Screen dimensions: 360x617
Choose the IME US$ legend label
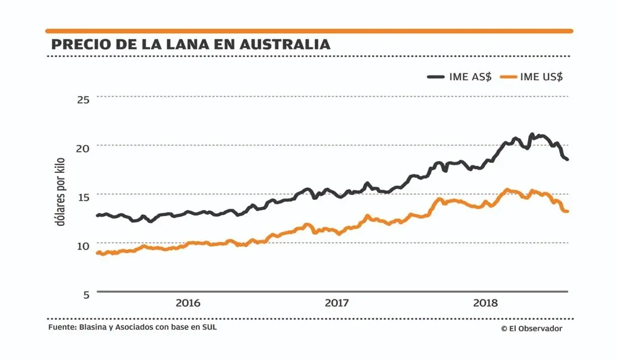pyautogui.click(x=542, y=77)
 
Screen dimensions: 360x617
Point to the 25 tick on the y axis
pyautogui.click(x=83, y=99)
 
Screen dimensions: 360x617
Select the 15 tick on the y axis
pyautogui.click(x=83, y=196)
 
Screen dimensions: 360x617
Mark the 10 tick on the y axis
pyautogui.click(x=83, y=245)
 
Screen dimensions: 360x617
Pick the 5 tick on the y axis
pyautogui.click(x=86, y=293)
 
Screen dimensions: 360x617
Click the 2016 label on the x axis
pyautogui.click(x=188, y=303)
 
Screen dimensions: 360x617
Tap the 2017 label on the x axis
pyautogui.click(x=337, y=303)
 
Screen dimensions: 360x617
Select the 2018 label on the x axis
pyautogui.click(x=486, y=303)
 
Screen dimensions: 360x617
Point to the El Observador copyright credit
pyautogui.click(x=532, y=329)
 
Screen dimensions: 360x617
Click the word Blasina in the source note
pyautogui.click(x=96, y=327)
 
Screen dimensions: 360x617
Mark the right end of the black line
pyautogui.click(x=567, y=160)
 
